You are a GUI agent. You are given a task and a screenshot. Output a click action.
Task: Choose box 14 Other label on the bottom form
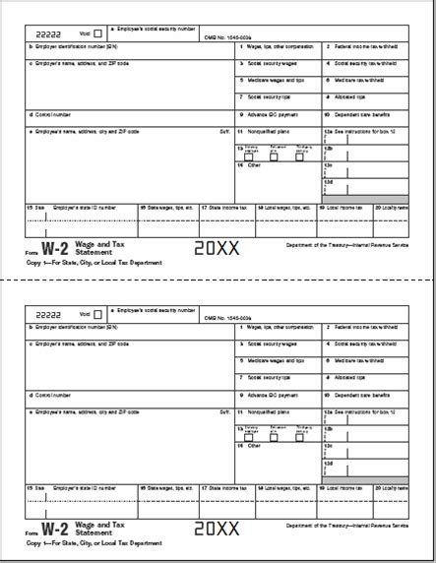250,446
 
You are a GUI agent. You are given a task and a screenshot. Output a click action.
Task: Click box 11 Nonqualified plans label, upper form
271,131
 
